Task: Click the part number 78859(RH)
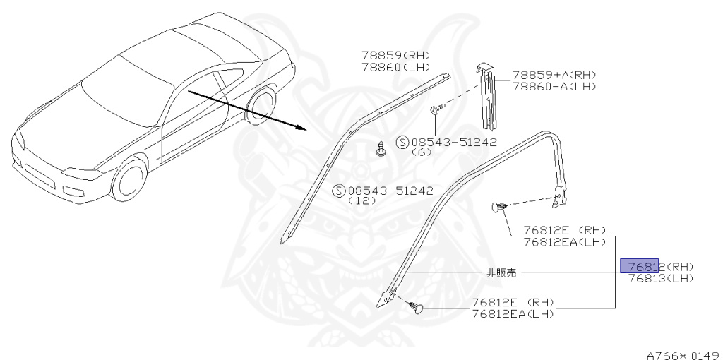click(x=395, y=56)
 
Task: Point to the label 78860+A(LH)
click(x=554, y=86)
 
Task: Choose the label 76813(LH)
click(x=660, y=278)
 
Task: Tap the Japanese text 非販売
click(x=501, y=272)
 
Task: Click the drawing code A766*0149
click(x=682, y=354)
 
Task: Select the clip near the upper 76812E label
click(x=499, y=208)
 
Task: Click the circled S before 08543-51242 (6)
click(x=402, y=141)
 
